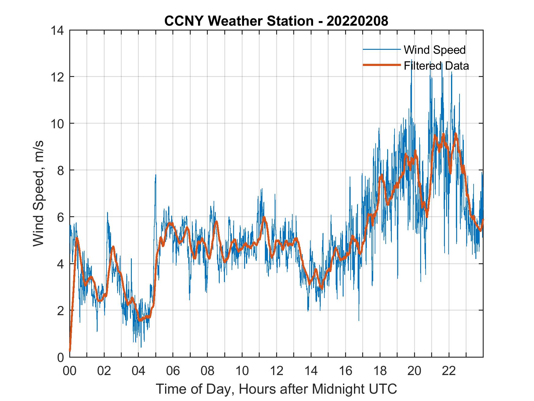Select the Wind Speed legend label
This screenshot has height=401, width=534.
point(435,50)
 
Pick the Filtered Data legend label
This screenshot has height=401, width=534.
point(436,66)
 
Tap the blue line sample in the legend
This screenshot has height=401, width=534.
point(381,49)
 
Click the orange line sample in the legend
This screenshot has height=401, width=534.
point(381,65)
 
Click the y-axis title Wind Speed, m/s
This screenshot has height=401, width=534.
point(38,193)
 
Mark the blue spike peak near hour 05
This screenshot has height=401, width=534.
point(156,175)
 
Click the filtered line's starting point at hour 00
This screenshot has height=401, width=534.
point(70,351)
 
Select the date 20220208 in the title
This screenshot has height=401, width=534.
point(357,21)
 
